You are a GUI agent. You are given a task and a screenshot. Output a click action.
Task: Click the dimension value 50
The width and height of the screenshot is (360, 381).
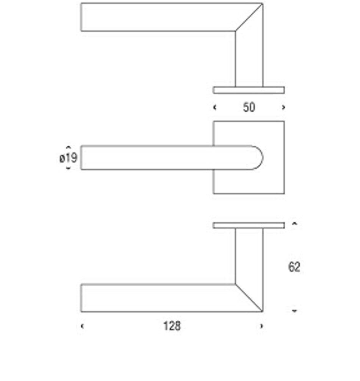pos(249,107)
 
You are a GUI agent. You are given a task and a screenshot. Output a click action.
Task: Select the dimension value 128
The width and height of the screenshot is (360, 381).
pos(172,326)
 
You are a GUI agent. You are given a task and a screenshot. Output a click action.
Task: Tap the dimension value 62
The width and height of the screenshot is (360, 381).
pos(294,267)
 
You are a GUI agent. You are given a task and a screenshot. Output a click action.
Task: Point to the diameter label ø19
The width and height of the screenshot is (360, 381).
pos(68,158)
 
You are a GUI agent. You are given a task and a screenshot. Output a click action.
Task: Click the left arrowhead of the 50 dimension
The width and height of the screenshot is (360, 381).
pos(214,107)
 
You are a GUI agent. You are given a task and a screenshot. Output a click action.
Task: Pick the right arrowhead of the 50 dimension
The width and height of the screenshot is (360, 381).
pos(283,107)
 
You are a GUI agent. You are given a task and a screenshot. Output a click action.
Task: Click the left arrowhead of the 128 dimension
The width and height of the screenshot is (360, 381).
pos(82,326)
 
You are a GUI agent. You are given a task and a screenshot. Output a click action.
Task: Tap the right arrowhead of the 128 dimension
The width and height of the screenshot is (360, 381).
pos(261,326)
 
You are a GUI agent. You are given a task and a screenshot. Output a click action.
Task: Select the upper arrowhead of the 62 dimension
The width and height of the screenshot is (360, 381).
pos(294,223)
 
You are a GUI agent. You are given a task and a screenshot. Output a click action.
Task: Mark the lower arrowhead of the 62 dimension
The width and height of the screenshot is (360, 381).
pos(294,311)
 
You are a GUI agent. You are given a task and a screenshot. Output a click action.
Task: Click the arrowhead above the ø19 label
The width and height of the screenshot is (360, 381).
pos(68,147)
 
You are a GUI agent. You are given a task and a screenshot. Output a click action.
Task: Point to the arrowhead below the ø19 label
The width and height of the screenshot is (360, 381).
pos(68,168)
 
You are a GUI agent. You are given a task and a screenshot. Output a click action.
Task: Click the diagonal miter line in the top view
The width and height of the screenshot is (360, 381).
pos(249,17)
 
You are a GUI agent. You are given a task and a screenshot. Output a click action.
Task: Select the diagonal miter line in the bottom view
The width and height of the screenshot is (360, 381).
pos(249,298)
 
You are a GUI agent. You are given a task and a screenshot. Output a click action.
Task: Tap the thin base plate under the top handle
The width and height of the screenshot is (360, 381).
pos(249,90)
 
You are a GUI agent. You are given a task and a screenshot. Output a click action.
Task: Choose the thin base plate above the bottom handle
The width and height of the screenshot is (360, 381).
pos(249,225)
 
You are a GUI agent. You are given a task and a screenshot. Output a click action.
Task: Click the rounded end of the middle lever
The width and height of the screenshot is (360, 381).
pos(262,158)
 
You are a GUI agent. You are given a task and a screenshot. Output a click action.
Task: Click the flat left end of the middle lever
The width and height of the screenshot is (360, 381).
pos(81,158)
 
